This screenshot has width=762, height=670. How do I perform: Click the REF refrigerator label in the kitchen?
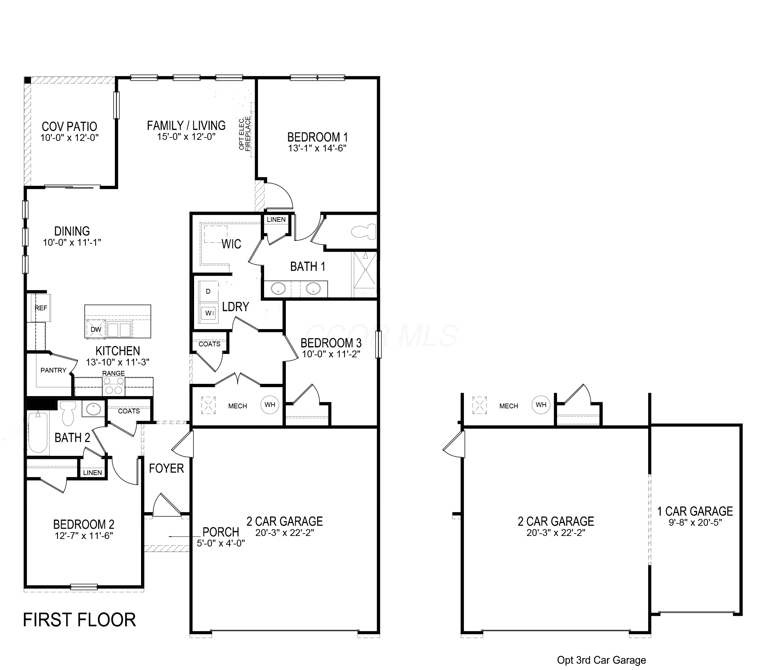pyautogui.click(x=41, y=308)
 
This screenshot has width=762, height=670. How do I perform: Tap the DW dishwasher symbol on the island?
pyautogui.click(x=96, y=329)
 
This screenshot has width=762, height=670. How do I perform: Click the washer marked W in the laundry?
pyautogui.click(x=208, y=313)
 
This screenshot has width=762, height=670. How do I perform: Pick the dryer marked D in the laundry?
pyautogui.click(x=208, y=291)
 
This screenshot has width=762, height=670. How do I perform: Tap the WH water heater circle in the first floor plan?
pyautogui.click(x=270, y=405)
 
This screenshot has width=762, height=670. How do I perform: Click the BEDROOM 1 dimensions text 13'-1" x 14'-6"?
pyautogui.click(x=317, y=148)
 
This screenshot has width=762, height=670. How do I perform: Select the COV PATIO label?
pyautogui.click(x=69, y=127)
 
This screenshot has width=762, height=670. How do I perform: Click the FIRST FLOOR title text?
pyautogui.click(x=80, y=620)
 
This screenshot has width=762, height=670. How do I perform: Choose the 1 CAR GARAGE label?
pyautogui.click(x=695, y=511)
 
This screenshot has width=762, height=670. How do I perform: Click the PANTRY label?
pyautogui.click(x=53, y=370)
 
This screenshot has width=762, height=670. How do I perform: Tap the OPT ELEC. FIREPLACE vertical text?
pyautogui.click(x=245, y=133)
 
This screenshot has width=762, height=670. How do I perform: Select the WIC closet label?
pyautogui.click(x=231, y=244)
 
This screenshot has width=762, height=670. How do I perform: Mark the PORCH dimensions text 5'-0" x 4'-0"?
pyautogui.click(x=221, y=543)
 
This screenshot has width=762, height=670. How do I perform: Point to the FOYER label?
pyautogui.click(x=166, y=469)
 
